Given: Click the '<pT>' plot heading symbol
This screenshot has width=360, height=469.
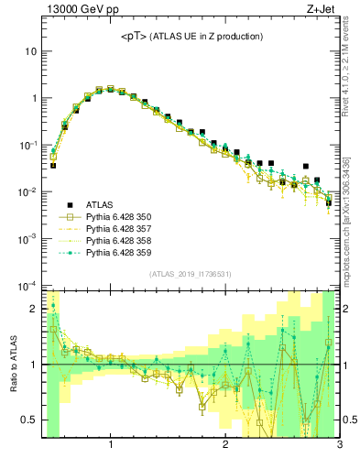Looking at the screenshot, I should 136,37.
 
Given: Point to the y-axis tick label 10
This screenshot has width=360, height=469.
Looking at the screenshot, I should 30,51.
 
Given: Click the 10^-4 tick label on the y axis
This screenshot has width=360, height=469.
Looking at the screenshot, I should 27,285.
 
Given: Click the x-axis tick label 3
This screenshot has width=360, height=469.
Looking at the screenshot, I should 338,446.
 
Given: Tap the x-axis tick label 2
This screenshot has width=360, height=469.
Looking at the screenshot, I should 224,446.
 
